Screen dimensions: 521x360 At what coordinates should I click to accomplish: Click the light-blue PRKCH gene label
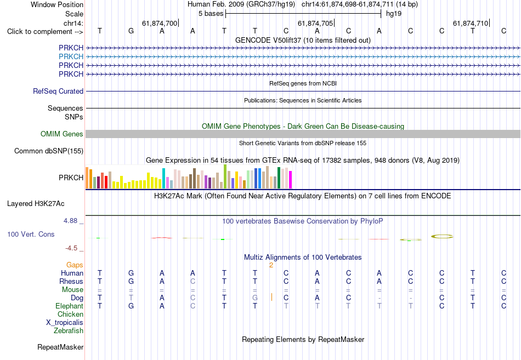click(71, 56)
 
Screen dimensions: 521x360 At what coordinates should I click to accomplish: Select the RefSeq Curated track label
click(58, 91)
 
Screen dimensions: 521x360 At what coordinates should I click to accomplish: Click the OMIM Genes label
click(62, 134)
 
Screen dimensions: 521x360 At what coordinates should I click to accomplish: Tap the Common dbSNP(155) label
click(49, 151)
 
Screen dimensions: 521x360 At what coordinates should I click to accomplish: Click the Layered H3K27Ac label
click(36, 204)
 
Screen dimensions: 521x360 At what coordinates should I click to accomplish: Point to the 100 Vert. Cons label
click(31, 234)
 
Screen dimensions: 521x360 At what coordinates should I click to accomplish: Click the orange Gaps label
click(75, 265)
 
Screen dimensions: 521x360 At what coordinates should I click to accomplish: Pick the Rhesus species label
click(71, 281)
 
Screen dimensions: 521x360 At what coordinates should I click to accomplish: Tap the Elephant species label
click(70, 306)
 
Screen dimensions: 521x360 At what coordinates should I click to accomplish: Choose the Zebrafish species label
click(69, 330)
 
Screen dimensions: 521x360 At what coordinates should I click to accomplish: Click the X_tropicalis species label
click(65, 323)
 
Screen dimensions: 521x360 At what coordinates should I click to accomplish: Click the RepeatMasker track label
click(60, 347)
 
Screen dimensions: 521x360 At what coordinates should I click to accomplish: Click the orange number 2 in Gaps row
click(271, 265)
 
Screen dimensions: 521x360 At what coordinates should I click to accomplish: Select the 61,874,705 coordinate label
click(315, 23)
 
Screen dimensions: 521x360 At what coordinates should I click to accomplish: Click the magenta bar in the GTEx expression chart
click(291, 180)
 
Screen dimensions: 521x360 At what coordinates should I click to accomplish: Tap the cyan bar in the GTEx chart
click(163, 178)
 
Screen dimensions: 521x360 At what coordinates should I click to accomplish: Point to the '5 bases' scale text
click(211, 14)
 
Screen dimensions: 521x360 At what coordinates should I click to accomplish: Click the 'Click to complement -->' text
click(45, 32)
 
